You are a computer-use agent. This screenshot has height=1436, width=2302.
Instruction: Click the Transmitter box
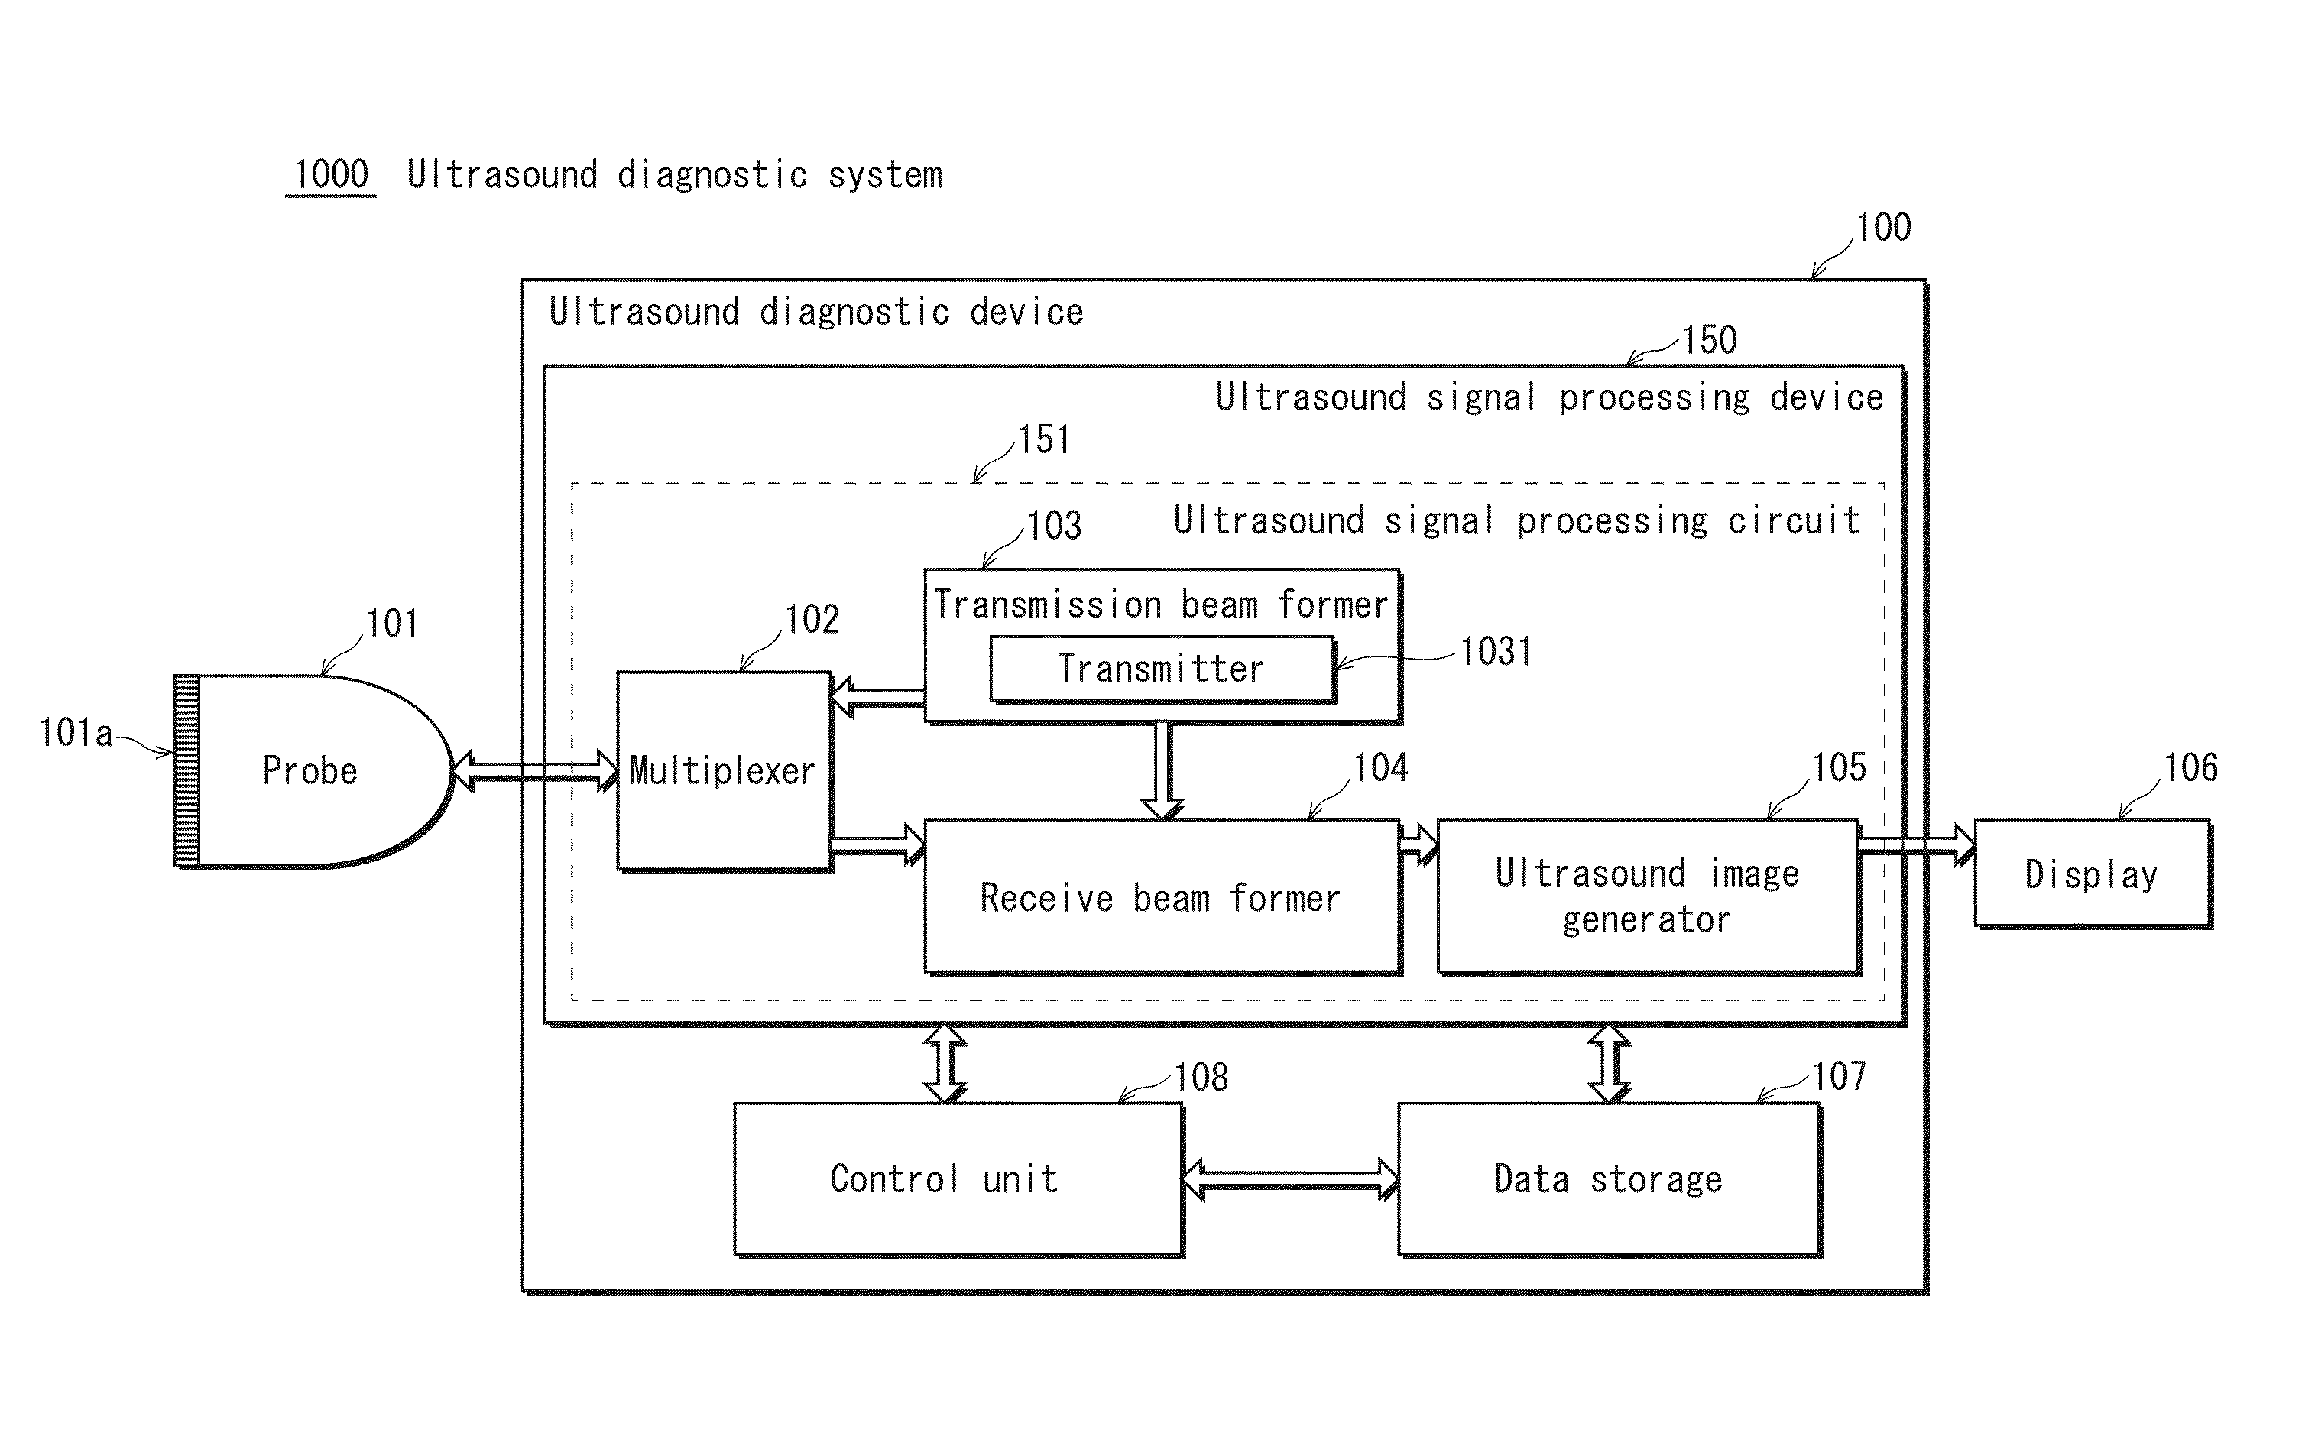(1162, 669)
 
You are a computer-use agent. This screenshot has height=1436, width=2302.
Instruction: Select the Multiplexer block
(725, 771)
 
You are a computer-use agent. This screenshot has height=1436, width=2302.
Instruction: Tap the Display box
(2093, 874)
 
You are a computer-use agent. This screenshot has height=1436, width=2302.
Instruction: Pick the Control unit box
(958, 1179)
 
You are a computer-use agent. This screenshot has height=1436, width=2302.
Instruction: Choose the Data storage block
(1610, 1179)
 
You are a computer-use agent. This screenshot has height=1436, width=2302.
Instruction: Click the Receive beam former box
(1162, 897)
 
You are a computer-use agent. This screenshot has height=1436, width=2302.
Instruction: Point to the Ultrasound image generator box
(1649, 897)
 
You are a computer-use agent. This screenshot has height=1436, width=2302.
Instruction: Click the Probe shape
(313, 771)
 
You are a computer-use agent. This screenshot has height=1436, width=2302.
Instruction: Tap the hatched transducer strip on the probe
(187, 771)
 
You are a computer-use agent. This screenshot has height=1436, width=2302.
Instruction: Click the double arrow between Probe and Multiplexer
(535, 770)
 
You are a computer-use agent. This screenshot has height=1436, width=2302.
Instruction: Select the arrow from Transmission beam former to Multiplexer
(878, 698)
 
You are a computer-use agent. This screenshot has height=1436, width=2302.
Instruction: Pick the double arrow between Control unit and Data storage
(1292, 1179)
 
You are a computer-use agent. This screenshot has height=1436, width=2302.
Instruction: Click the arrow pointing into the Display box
(1918, 845)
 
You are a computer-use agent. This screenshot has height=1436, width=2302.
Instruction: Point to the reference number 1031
(1496, 652)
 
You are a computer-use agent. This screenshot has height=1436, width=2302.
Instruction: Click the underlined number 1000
(330, 175)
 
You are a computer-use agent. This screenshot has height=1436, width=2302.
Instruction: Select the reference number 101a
(76, 733)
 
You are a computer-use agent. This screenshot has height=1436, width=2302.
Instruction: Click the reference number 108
(1201, 1077)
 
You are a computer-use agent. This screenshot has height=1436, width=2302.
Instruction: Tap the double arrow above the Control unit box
(946, 1064)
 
